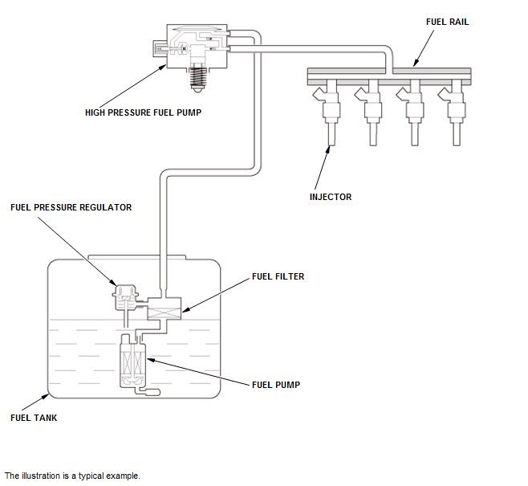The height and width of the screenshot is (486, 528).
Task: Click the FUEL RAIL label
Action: coord(447,22)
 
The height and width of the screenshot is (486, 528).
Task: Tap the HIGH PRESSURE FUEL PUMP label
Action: coord(143,112)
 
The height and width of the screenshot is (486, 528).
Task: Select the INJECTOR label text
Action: coord(331,197)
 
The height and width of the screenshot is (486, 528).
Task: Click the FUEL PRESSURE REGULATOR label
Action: coord(71,207)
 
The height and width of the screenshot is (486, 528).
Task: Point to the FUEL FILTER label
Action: coord(278,276)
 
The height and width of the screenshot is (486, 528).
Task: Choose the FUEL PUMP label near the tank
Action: coord(276,385)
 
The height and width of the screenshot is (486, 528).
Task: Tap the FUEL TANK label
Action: coord(34,418)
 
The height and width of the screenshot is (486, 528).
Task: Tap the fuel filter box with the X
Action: coord(164,309)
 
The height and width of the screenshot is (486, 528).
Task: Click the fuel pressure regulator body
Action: coord(125,297)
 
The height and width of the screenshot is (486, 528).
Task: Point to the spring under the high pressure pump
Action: coord(197,78)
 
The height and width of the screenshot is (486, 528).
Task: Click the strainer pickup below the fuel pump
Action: coord(148,391)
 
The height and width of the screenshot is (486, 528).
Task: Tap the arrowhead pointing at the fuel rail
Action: coord(416,63)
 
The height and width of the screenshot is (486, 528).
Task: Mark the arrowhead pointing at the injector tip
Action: coord(327,149)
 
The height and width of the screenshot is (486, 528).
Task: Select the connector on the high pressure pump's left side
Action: coord(160,48)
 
